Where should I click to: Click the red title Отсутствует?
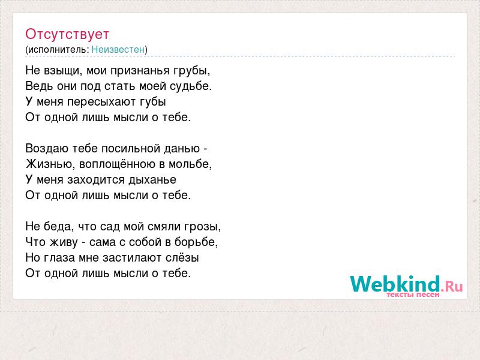pyautogui.click(x=67, y=34)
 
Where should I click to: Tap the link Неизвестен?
pyautogui.click(x=118, y=50)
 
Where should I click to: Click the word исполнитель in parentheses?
pyautogui.click(x=58, y=50)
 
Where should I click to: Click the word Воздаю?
pyautogui.click(x=47, y=149)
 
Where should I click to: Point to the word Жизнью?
pyautogui.click(x=50, y=164)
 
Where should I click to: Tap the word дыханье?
pyautogui.click(x=152, y=180)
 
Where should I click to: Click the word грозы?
pyautogui.click(x=202, y=227)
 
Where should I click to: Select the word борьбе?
pyautogui.click(x=196, y=242)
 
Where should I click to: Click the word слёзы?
pyautogui.click(x=182, y=258)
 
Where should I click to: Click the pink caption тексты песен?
pyautogui.click(x=413, y=295)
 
